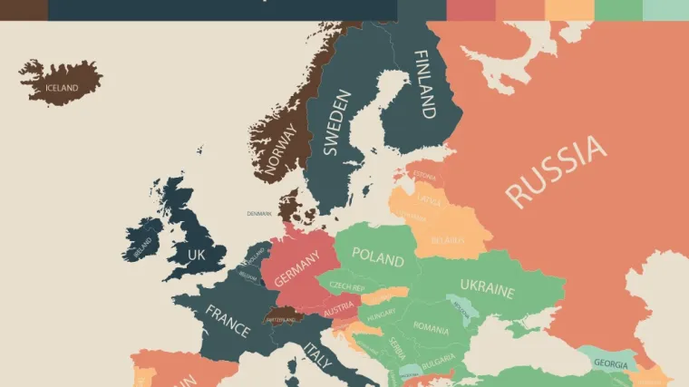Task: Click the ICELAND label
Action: [x=62, y=88]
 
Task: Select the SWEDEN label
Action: [x=331, y=123]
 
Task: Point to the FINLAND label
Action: [x=424, y=84]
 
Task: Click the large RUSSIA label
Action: [x=555, y=171]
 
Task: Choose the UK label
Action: [x=195, y=256]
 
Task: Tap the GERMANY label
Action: [x=297, y=269]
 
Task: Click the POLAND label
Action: [x=377, y=256]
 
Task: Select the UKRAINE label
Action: [x=487, y=288]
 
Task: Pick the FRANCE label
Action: [x=228, y=321]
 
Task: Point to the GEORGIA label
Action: [x=610, y=364]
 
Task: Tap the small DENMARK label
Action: [x=259, y=214]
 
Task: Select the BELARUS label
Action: [x=446, y=240]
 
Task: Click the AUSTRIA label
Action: [x=339, y=305]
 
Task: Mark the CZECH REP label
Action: [x=347, y=285]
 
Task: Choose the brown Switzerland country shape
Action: [x=282, y=317]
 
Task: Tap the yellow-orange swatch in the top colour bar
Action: [x=569, y=9]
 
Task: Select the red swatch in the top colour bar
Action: [x=471, y=9]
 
